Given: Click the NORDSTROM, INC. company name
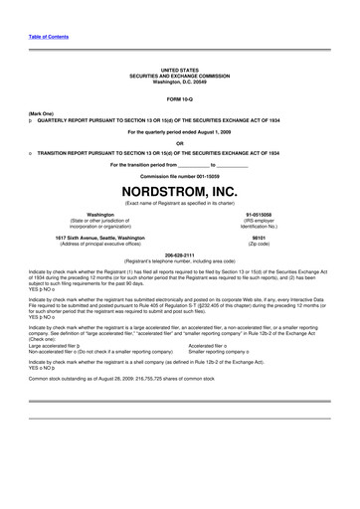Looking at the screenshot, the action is [x=179, y=190].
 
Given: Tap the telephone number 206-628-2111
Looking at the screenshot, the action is [x=179, y=254].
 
